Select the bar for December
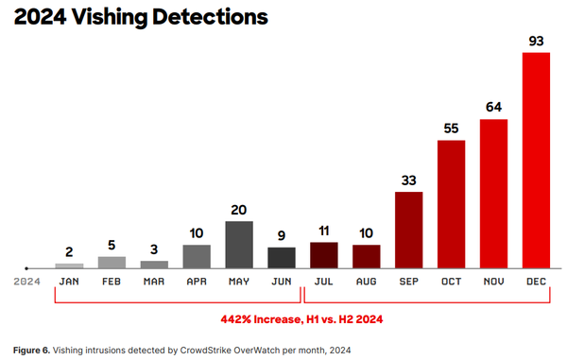537,160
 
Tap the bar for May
239,244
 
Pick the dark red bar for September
408,230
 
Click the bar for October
451,203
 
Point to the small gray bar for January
69,266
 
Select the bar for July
324,255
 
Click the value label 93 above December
537,40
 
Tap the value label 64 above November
493,107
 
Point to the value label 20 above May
239,209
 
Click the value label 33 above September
408,180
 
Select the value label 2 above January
69,251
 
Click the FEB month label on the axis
112,281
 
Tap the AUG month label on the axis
367,281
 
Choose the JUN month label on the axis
282,281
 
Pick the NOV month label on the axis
493,281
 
